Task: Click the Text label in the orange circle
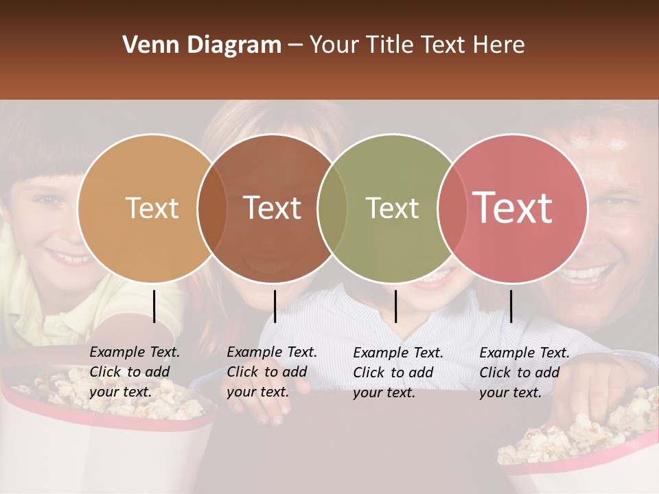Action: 152,208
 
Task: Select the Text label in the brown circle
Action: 273,208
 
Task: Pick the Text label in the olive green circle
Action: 392,208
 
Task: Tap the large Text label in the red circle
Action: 513,208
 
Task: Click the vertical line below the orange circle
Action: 154,306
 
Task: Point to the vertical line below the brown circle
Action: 275,306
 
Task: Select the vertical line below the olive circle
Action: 395,306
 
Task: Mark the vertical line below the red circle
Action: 511,306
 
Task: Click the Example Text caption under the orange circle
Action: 134,372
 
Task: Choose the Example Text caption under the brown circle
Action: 271,372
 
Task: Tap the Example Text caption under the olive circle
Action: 397,373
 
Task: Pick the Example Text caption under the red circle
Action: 524,373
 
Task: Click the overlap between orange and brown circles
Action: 212,209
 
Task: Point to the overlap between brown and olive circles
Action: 332,209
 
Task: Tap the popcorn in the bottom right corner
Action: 583,432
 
